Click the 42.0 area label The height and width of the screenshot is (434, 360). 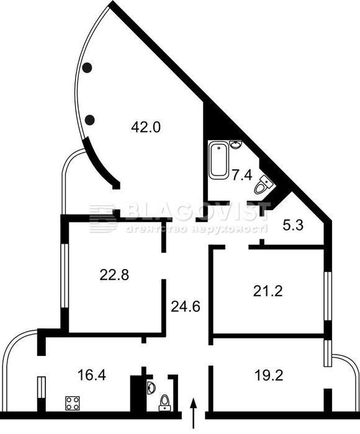[146, 128]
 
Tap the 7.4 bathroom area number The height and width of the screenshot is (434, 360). [242, 175]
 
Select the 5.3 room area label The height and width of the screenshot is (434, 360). [293, 226]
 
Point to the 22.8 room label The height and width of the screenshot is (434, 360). [114, 275]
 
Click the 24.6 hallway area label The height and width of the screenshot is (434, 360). [186, 306]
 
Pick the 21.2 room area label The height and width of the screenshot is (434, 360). [268, 291]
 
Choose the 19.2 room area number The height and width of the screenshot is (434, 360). [269, 376]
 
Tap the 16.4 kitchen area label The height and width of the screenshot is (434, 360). [92, 375]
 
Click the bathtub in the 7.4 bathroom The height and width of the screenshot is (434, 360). [218, 160]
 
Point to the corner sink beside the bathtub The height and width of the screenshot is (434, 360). [236, 144]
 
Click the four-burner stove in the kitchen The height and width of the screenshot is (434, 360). [73, 403]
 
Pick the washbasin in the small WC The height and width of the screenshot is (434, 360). [151, 387]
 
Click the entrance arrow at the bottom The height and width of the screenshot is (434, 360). [194, 414]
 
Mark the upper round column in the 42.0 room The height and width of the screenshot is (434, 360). [87, 68]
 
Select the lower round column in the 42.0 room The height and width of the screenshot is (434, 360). [89, 120]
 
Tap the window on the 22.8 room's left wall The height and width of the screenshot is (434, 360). [65, 275]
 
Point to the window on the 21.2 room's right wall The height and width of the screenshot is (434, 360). [328, 296]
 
